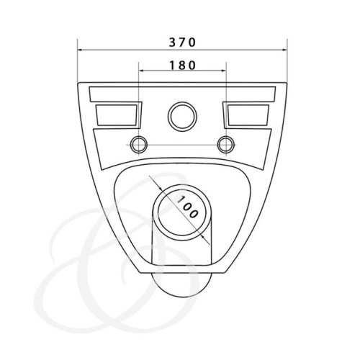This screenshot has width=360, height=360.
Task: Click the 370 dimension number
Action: coord(181,41)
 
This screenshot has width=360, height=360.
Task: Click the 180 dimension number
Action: coord(181,64)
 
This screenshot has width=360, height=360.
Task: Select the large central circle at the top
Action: coord(181,116)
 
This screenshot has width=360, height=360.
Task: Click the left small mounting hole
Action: coord(138,143)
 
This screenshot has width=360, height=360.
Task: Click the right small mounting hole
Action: coord(225,143)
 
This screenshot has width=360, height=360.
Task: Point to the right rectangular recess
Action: coord(247,113)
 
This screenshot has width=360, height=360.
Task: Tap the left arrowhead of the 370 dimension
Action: coord(81,50)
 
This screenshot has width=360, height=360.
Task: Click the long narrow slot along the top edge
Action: coord(181,94)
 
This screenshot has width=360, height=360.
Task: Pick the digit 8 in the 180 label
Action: coord(181,64)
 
